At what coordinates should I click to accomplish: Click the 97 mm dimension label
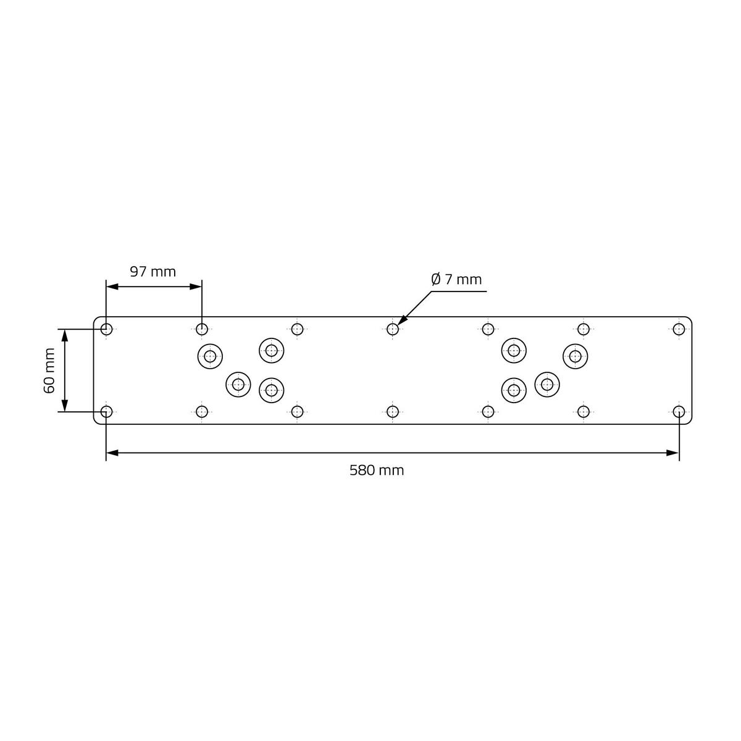click(x=153, y=272)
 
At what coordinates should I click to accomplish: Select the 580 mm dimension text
click(x=377, y=471)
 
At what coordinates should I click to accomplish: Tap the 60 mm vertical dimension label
click(x=49, y=371)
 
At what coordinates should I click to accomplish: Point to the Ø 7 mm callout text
click(x=456, y=279)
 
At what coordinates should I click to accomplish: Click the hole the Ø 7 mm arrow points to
click(x=393, y=329)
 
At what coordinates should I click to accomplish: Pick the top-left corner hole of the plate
click(x=106, y=329)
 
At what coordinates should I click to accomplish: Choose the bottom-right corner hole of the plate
click(x=679, y=412)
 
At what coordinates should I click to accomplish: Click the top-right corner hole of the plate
click(x=679, y=329)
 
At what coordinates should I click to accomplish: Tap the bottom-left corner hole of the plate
click(x=106, y=412)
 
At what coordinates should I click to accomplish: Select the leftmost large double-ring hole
click(x=210, y=356)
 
